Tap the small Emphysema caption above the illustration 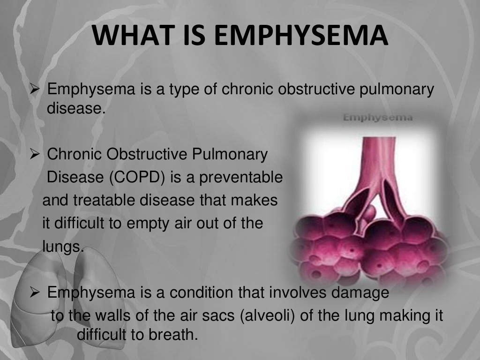378,117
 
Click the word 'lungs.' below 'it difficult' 63,246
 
